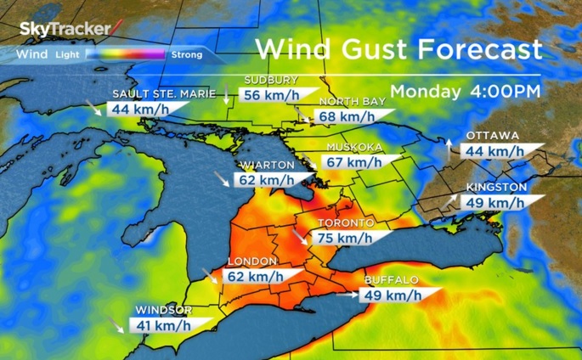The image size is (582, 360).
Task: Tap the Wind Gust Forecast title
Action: pyautogui.click(x=398, y=48)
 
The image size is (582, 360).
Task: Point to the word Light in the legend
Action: pyautogui.click(x=66, y=55)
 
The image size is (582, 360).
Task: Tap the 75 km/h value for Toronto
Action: pyautogui.click(x=344, y=239)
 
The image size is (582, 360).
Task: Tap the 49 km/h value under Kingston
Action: pyautogui.click(x=493, y=202)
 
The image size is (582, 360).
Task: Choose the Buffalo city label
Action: pyautogui.click(x=391, y=279)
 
